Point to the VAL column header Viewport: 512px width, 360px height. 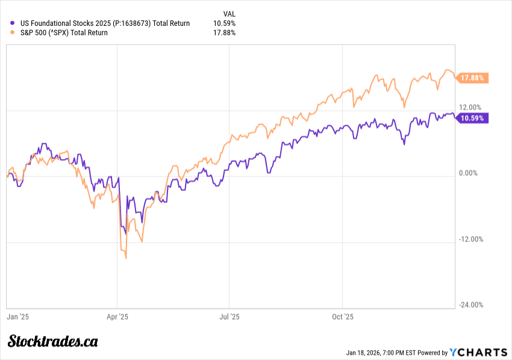(x=229, y=13)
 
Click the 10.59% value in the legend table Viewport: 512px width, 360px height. (x=224, y=23)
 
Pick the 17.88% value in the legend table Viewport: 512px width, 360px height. (x=224, y=33)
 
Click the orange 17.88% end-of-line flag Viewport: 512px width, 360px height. (x=473, y=78)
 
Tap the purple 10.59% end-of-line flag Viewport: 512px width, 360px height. (x=473, y=118)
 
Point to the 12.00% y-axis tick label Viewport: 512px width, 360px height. (x=471, y=107)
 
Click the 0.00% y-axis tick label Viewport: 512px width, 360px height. (x=469, y=173)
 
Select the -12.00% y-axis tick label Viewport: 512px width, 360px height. (x=471, y=239)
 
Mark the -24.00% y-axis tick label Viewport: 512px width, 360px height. (x=471, y=305)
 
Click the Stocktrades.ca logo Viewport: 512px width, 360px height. (x=53, y=341)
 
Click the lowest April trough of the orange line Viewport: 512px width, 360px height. (x=126, y=258)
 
